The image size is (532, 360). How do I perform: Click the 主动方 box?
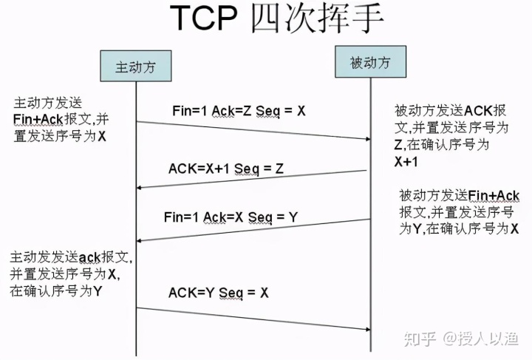point(135,67)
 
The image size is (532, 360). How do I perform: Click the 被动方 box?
point(370,63)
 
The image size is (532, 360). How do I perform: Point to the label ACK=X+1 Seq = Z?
point(226,169)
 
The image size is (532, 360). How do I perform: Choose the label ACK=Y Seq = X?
point(218,293)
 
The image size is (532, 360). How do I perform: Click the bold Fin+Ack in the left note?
point(38,120)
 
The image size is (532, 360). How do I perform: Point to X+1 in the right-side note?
point(408,161)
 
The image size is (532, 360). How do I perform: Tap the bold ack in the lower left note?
point(90,257)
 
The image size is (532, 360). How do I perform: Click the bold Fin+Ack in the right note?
point(494,196)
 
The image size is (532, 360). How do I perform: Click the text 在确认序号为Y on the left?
point(55,291)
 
